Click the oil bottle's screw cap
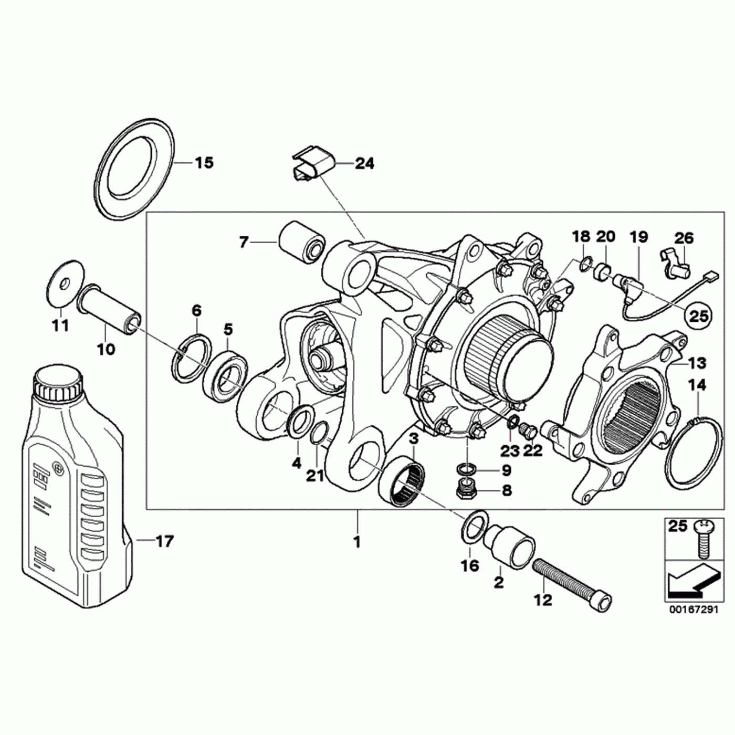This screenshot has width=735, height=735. coord(58,383)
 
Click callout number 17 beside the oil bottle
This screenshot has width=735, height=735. coord(164,541)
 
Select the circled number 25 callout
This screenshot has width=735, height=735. coord(699,316)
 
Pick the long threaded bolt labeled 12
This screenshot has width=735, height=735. coord(572,583)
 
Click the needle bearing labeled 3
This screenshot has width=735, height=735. coord(401,480)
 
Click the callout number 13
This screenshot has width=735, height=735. coord(697,363)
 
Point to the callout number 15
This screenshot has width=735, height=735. coord(204,163)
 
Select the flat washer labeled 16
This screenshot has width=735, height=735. coord(474,526)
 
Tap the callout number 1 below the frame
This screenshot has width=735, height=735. coord(357,541)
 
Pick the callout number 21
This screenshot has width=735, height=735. coord(315,476)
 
